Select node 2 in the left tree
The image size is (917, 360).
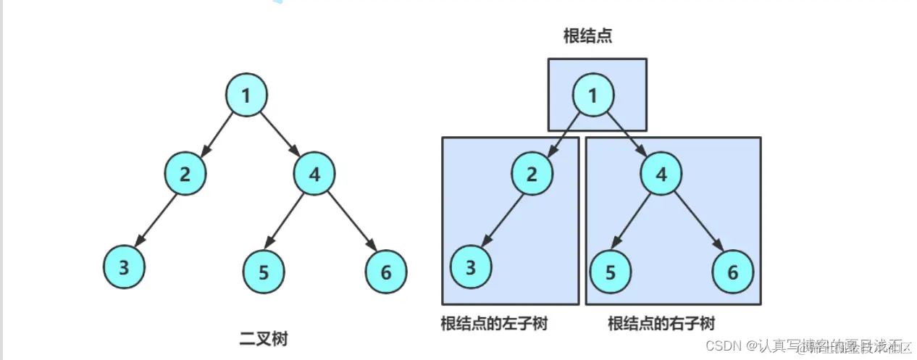point(185,173)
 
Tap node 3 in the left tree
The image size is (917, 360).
point(124,267)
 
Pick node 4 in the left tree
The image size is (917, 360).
point(315,173)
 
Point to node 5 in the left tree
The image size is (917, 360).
point(264,272)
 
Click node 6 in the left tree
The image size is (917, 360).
point(386,272)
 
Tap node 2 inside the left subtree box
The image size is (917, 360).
point(532,173)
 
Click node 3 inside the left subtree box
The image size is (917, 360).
point(472,267)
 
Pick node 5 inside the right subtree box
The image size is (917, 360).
point(611,272)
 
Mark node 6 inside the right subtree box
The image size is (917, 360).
point(733,272)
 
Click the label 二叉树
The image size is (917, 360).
point(264,338)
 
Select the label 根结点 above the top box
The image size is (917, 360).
point(587,35)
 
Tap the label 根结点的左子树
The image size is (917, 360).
point(493,323)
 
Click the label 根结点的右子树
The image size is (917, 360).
point(661,323)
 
